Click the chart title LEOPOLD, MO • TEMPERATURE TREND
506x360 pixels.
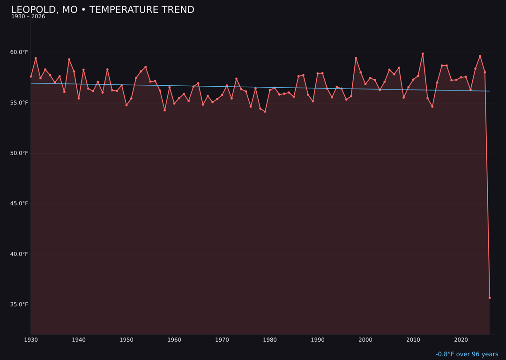tap(103, 10)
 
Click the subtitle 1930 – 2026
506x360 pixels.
tap(28, 17)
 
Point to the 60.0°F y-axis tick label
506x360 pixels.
tap(20, 52)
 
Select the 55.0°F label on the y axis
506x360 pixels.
tap(20, 103)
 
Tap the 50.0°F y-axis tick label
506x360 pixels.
tap(20, 153)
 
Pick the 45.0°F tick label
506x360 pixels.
tap(20, 203)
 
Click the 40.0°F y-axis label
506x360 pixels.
tap(20, 254)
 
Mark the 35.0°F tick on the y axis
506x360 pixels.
tap(20, 305)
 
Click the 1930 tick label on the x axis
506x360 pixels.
tap(31, 339)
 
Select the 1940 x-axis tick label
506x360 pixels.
tap(79, 339)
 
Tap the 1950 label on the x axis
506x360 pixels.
tap(126, 339)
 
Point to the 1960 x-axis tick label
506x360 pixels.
tap(174, 339)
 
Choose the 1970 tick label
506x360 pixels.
tap(222, 339)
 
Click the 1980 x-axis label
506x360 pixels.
tap(270, 339)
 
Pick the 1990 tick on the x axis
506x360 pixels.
tap(318, 339)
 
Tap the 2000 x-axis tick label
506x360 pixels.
tap(365, 339)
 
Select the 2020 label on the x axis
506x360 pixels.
tap(461, 339)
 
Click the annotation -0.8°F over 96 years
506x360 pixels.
tap(467, 354)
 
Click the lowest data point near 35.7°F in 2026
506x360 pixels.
tap(490, 298)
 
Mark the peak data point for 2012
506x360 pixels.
tap(423, 54)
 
